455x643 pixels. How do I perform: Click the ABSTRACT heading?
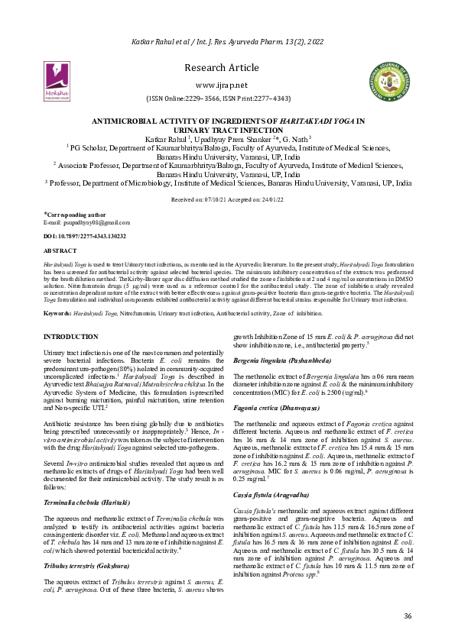pyautogui.click(x=60, y=250)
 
